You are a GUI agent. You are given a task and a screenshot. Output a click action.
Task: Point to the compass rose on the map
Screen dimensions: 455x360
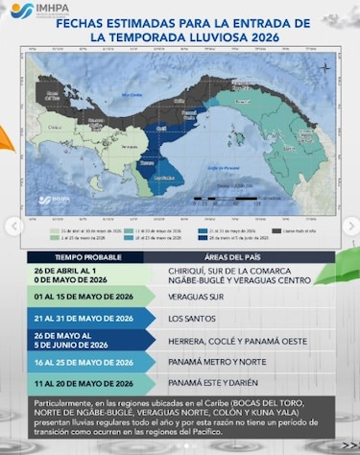tap(325, 67)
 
